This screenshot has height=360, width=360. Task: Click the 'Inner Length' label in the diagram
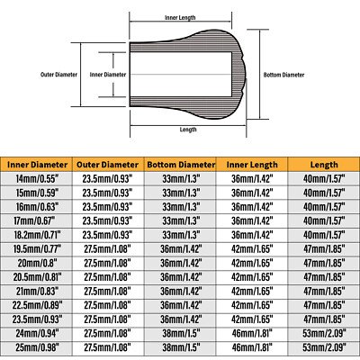[180, 18]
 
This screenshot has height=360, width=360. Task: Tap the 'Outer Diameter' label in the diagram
[58, 75]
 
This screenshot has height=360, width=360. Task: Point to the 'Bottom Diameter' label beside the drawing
[283, 75]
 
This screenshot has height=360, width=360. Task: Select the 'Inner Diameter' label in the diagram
[108, 75]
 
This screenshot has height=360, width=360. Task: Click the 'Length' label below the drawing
[188, 130]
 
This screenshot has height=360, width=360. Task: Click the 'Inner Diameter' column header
[38, 165]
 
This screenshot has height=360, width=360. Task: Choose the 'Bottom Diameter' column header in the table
[181, 165]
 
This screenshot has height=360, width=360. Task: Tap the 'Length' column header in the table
[324, 165]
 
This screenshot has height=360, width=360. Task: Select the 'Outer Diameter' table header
[108, 165]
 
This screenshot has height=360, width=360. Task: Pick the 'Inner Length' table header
[252, 165]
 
